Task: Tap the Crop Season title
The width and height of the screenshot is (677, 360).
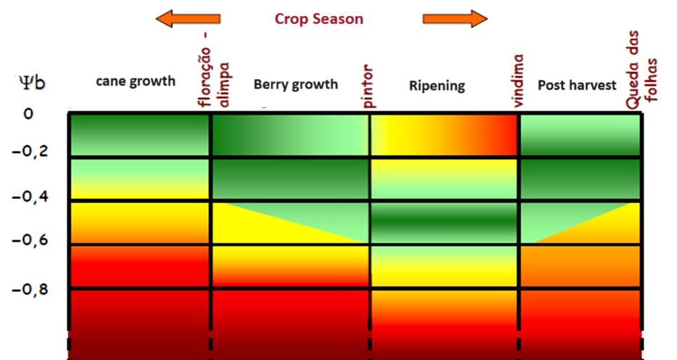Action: [319, 19]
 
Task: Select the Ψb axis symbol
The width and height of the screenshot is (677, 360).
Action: [32, 82]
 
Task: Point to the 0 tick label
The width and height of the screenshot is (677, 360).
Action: [29, 114]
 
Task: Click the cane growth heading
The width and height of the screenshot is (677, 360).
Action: [136, 81]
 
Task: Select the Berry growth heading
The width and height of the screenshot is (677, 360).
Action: [295, 84]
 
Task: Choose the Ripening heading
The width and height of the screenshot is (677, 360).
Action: [436, 86]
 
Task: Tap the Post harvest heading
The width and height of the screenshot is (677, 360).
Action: [577, 85]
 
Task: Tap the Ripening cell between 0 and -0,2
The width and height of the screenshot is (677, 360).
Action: [444, 135]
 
